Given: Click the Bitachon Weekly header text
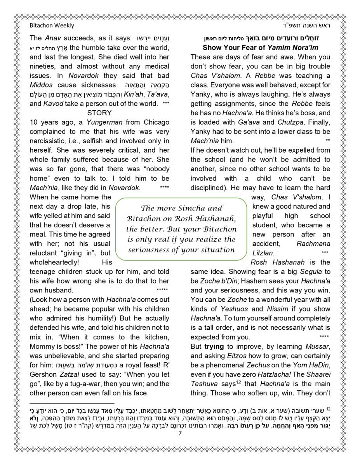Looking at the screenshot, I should click(x=52, y=26).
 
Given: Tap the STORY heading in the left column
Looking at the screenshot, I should click(x=99, y=113).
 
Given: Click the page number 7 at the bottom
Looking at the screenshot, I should click(x=180, y=434).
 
